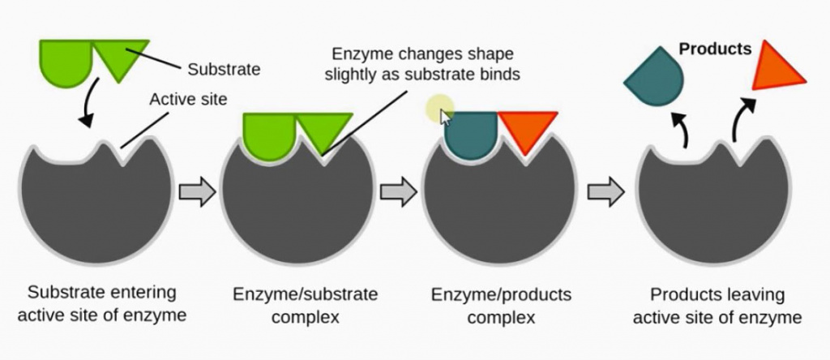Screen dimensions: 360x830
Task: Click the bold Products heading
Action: (x=715, y=49)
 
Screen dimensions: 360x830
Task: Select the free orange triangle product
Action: (x=777, y=66)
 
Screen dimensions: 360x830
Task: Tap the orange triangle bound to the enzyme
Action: (x=528, y=130)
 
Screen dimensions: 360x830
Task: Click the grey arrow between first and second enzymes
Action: (x=197, y=191)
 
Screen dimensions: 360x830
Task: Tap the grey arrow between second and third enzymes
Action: (x=398, y=191)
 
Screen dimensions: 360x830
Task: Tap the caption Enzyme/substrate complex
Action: (x=304, y=305)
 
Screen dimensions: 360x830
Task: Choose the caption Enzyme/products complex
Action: (x=504, y=305)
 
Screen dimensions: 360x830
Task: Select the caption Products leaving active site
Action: (x=717, y=305)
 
